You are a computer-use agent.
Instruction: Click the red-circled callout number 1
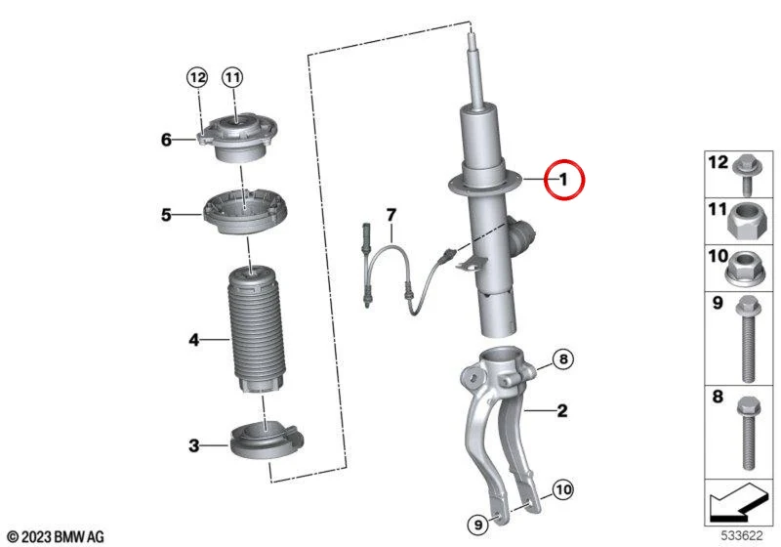(x=563, y=179)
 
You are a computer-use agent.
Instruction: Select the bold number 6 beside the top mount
(x=166, y=140)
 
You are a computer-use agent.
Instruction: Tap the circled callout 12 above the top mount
(x=197, y=77)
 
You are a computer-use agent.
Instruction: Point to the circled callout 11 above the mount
(x=232, y=77)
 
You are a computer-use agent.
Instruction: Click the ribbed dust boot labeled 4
(x=256, y=330)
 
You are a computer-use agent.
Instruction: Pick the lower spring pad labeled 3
(x=266, y=440)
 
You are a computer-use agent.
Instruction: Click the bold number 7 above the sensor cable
(x=391, y=215)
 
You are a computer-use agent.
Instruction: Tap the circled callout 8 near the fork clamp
(x=563, y=358)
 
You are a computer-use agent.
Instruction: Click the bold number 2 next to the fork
(x=562, y=410)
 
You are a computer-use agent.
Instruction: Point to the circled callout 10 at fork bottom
(x=563, y=489)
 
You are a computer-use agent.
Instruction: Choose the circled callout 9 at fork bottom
(x=478, y=525)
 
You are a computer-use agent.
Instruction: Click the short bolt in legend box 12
(x=746, y=176)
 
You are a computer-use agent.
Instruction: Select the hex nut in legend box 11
(x=747, y=222)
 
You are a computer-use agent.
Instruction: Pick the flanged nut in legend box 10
(x=746, y=268)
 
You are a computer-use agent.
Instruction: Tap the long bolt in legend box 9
(x=748, y=339)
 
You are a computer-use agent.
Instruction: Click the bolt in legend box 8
(x=747, y=433)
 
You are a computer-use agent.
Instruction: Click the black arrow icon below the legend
(x=738, y=502)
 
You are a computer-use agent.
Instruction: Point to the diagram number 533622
(x=742, y=536)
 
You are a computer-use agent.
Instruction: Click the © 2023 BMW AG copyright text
(x=56, y=536)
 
